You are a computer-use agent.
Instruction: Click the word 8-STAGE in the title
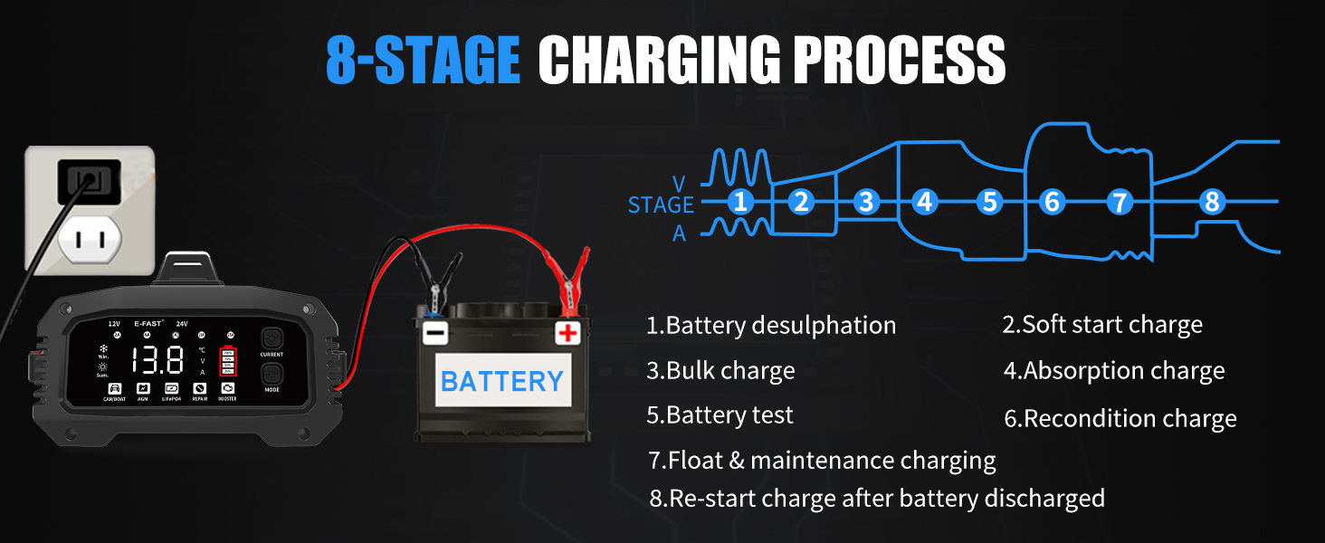point(423,62)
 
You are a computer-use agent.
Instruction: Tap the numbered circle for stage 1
point(740,202)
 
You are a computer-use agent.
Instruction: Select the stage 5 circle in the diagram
point(989,202)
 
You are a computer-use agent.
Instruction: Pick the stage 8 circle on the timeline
point(1212,202)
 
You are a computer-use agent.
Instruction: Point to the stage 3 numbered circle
point(866,202)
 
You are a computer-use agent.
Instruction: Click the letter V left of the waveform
point(679,184)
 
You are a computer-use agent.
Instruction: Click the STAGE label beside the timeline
point(661,205)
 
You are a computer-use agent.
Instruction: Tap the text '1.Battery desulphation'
point(771,326)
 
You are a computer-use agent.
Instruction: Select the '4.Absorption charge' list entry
point(1114,371)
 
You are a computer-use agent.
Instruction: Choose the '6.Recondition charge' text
point(1120,419)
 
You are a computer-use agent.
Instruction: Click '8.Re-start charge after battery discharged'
point(877,499)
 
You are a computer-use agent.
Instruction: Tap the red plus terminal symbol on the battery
point(567,333)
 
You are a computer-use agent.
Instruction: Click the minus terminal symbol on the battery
point(435,333)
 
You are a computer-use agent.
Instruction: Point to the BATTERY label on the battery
point(501,381)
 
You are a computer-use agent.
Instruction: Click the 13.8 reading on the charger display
point(157,360)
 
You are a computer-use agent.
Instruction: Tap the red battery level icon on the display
point(227,361)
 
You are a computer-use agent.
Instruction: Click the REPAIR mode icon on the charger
point(200,390)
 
